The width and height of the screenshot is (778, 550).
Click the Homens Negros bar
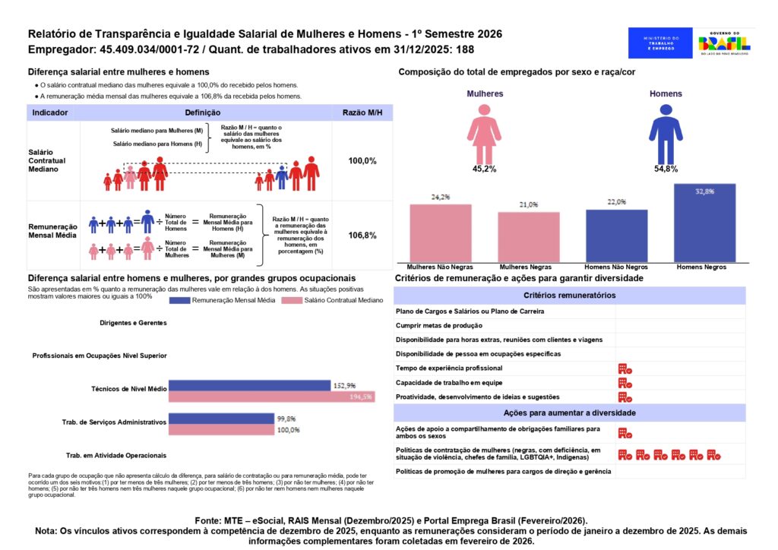click(704, 223)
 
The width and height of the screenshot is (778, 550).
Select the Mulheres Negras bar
click(529, 237)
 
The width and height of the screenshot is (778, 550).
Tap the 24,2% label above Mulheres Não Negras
click(440, 197)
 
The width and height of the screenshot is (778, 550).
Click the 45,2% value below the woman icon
click(484, 169)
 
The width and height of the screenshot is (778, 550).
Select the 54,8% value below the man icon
click(666, 169)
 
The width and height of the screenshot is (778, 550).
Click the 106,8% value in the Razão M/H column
click(362, 235)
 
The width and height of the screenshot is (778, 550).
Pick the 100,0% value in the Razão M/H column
click(362, 161)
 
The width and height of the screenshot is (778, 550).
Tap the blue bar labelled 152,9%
click(249, 386)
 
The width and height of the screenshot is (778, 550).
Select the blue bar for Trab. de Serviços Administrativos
click(220, 419)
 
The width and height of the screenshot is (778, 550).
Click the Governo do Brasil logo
click(723, 43)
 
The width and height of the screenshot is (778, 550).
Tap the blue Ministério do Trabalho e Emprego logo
click(659, 43)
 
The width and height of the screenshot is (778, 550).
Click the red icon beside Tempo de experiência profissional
click(625, 368)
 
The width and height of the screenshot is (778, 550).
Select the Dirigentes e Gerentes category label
click(132, 322)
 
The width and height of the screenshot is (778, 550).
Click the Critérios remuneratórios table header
click(570, 295)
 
